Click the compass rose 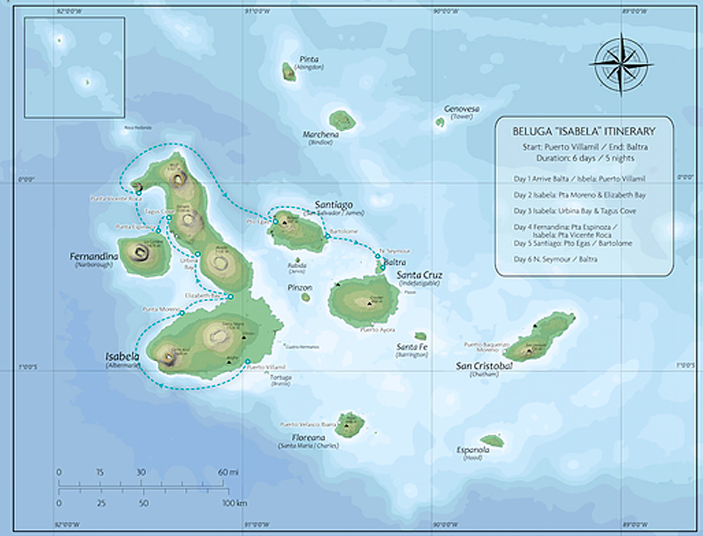621,63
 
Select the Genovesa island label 461,109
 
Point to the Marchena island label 320,135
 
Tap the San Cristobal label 483,365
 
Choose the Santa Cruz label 419,276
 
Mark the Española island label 473,449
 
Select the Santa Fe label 412,347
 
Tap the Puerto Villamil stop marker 247,361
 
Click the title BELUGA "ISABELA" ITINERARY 584,132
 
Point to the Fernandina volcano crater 140,252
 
